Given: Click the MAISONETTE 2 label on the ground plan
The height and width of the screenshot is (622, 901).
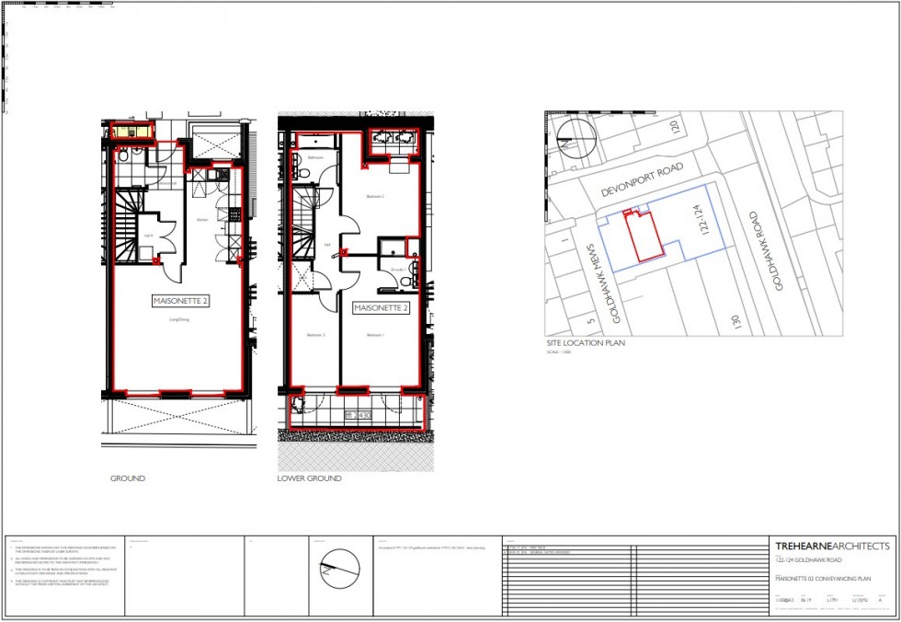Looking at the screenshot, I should pos(180,301).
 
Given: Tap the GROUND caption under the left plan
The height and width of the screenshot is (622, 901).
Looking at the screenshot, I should pos(128,478).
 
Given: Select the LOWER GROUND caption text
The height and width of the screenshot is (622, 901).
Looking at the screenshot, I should pos(310,478).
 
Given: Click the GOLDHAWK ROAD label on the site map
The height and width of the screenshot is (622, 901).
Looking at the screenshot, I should pos(766,251).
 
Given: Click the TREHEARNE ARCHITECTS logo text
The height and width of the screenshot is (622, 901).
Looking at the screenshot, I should pos(832,546).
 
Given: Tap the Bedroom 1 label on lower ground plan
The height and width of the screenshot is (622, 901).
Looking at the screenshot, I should pos(375,336).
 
